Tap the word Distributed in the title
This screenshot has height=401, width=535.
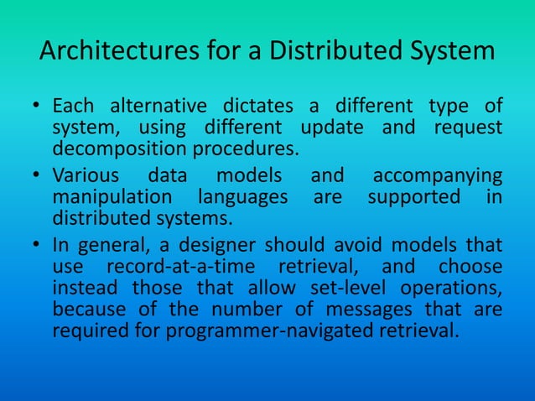coord(330,51)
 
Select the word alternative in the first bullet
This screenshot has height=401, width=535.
coord(158,107)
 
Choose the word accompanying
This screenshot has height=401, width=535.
coord(437,177)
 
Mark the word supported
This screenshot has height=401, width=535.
coord(414,198)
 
